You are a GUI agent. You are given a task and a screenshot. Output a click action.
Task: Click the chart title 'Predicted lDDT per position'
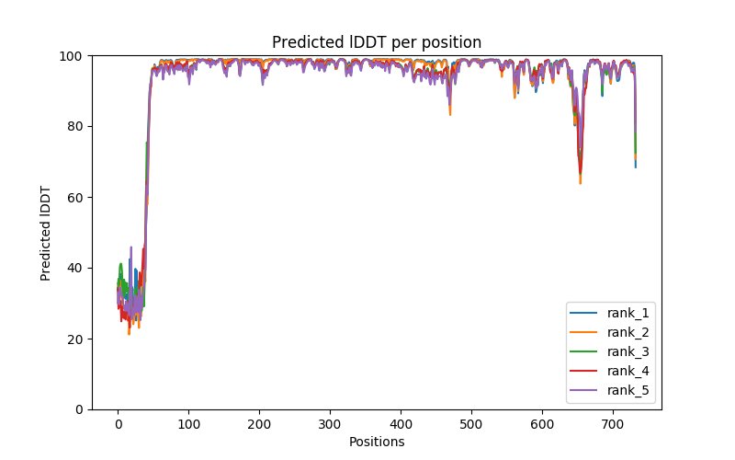click(x=377, y=42)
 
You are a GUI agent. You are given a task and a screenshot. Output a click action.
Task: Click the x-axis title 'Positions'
click(x=377, y=442)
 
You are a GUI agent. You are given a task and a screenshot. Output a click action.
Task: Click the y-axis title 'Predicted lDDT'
click(x=46, y=232)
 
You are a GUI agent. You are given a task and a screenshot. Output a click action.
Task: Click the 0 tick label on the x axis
click(x=118, y=423)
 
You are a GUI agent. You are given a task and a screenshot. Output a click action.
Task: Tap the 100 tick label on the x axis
click(x=188, y=423)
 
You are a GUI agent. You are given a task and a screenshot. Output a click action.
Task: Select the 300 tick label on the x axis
click(x=330, y=423)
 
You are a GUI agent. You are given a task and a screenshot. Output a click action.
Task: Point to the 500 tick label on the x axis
click(x=471, y=423)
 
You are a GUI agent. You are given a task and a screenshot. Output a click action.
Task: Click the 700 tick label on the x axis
click(x=613, y=423)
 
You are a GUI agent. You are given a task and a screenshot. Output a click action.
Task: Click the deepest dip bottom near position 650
click(x=580, y=183)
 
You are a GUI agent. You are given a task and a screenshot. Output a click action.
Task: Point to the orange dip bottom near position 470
click(x=450, y=114)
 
